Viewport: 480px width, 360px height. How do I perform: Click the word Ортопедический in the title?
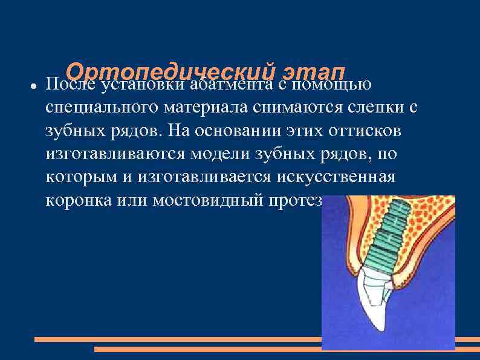(167, 71)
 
